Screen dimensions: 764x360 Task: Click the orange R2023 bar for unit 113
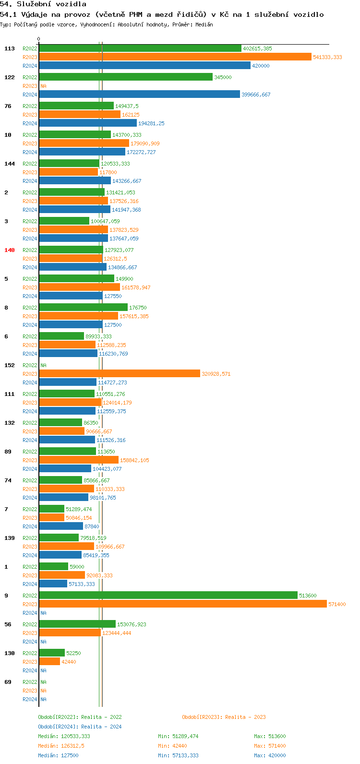pyautogui.click(x=175, y=57)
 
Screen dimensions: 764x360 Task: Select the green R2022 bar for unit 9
pyautogui.click(x=168, y=596)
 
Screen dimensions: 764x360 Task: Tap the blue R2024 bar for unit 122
pyautogui.click(x=139, y=95)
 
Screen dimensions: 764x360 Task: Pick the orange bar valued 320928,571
pyautogui.click(x=120, y=374)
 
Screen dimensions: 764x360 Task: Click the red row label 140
pyautogui.click(x=10, y=250)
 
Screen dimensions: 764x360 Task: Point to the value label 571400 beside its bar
pyautogui.click(x=337, y=604)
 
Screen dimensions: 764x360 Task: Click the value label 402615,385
pyautogui.click(x=257, y=48)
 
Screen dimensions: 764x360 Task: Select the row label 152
pyautogui.click(x=10, y=365)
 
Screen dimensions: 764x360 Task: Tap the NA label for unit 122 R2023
pyautogui.click(x=43, y=86)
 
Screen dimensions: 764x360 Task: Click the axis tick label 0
pyautogui.click(x=39, y=39)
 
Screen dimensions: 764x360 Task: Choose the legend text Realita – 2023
pyautogui.click(x=245, y=717)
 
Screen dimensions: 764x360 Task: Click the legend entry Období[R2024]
pyautogui.click(x=58, y=727)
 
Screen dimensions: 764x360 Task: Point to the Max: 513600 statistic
pyautogui.click(x=270, y=736)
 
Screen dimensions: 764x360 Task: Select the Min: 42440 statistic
pyautogui.click(x=172, y=746)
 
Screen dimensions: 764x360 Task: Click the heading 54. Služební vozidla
pyautogui.click(x=43, y=4)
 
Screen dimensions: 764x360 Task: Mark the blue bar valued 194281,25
pyautogui.click(x=88, y=123)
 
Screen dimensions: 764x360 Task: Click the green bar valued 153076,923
pyautogui.click(x=77, y=624)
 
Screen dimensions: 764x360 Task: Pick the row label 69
pyautogui.click(x=8, y=682)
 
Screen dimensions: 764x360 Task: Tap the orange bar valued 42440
pyautogui.click(x=49, y=662)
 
